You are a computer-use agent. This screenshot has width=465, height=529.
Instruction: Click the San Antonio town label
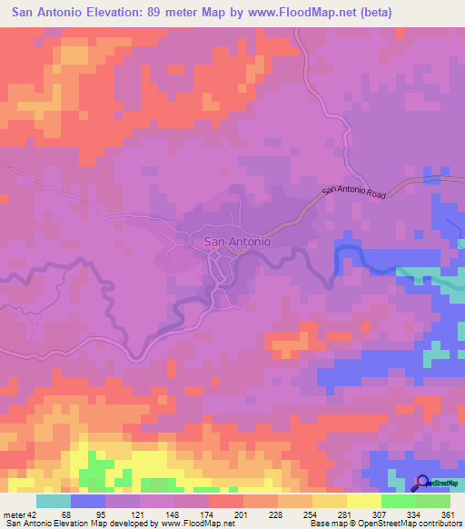tap(237, 242)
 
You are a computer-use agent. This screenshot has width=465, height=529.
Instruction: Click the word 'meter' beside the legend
tap(15, 514)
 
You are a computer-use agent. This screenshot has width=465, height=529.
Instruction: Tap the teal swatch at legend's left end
tap(54, 501)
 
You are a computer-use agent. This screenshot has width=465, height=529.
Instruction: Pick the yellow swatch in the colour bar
tap(364, 501)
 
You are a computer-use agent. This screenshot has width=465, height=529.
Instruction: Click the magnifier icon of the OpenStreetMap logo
tap(423, 482)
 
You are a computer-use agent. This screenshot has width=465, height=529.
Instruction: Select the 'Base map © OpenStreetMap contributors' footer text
tap(384, 524)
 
